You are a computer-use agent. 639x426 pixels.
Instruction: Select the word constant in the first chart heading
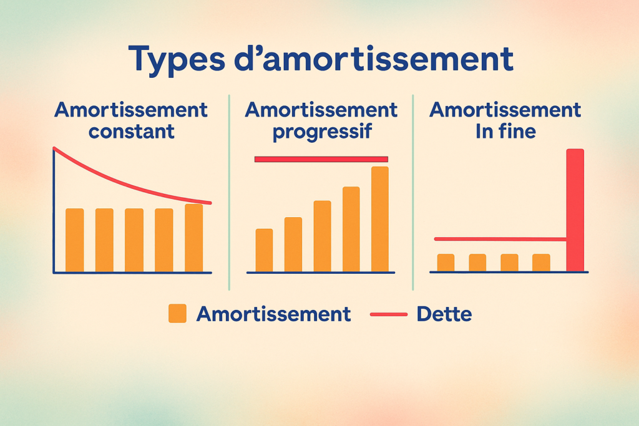coord(131,132)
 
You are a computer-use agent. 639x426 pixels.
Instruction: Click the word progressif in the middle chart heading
coord(321,132)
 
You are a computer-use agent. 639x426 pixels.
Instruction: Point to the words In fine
coord(505,132)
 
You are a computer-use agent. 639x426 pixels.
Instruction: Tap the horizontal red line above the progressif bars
coord(321,159)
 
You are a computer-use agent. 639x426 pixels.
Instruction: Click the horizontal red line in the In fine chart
coord(499,239)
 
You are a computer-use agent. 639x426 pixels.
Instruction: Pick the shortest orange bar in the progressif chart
coord(264,250)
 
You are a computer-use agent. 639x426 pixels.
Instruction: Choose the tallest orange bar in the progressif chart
coord(379,219)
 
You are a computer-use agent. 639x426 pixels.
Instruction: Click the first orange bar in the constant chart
coord(74,240)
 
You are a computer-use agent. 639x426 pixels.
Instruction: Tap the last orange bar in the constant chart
coord(193,238)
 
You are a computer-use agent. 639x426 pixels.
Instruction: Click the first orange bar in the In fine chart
coord(446,263)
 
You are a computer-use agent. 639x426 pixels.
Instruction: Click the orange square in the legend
coord(177,313)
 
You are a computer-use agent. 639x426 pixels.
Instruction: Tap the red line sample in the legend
coord(388,314)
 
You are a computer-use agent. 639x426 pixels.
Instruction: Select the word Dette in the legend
coord(444,314)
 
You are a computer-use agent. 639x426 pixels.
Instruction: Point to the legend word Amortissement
coord(273,314)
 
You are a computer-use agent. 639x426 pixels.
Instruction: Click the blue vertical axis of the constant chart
coord(54,212)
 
